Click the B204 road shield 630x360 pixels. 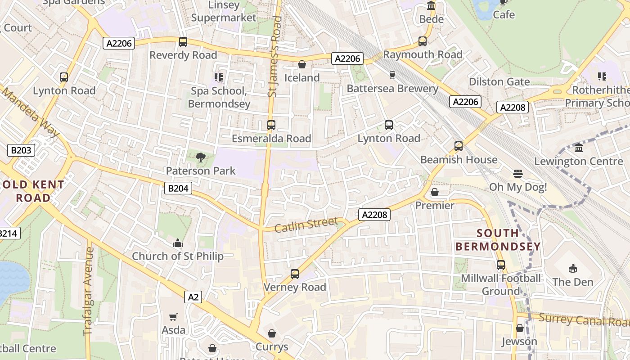178,188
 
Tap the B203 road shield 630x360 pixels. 21,150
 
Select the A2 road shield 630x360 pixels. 193,297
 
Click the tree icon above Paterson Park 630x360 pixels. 201,157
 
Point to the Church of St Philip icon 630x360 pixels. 178,243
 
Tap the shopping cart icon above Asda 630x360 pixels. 173,317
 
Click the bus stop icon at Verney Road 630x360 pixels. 295,274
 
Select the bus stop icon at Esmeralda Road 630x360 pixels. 271,125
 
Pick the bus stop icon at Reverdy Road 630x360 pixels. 183,42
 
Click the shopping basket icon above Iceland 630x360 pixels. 302,65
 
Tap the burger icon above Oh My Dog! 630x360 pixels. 517,174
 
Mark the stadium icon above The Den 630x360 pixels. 573,269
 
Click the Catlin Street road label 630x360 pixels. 306,225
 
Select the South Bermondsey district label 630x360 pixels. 498,240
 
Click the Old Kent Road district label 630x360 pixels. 34,191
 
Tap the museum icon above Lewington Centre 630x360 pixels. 579,148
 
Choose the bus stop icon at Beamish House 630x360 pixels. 459,146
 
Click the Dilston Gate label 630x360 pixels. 499,82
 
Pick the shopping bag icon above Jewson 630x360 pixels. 520,328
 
